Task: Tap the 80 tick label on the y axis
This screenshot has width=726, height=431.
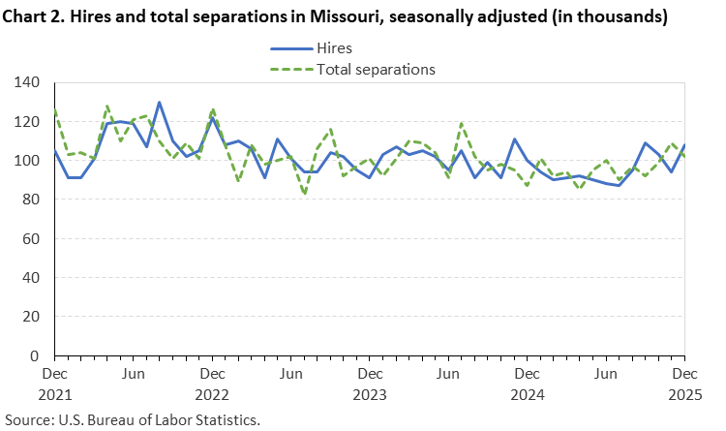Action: (x=31, y=200)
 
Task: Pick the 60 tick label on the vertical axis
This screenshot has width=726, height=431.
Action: (x=31, y=238)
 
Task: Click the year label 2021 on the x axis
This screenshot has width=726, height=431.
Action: (x=55, y=394)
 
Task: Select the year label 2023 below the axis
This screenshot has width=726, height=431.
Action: (x=370, y=394)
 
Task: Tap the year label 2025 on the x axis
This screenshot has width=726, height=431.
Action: (x=684, y=394)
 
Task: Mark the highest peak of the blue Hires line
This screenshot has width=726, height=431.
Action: (x=159, y=102)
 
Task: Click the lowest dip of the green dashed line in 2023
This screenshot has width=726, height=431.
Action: (x=305, y=194)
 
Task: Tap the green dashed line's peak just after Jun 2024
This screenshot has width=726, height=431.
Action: (x=462, y=123)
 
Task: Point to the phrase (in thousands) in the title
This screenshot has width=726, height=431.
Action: (x=609, y=16)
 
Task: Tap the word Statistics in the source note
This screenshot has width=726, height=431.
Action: (x=227, y=420)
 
